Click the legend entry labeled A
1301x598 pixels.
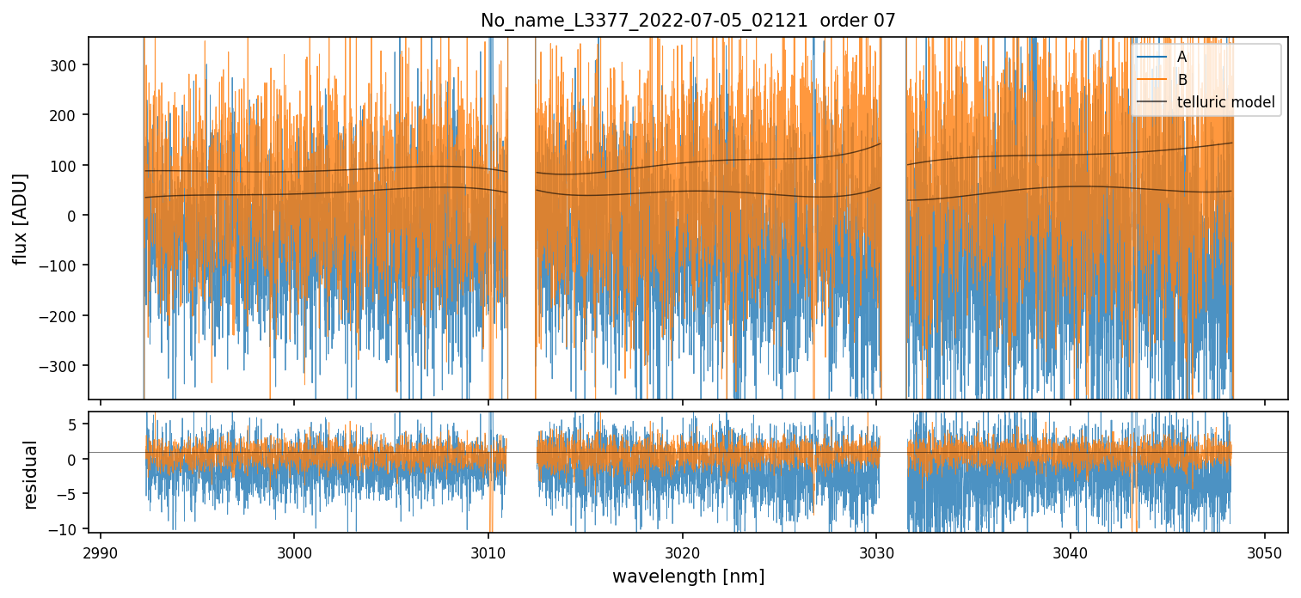[1181, 58]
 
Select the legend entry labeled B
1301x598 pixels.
[1181, 81]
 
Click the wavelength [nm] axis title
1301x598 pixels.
[688, 576]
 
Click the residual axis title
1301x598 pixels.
[31, 474]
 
